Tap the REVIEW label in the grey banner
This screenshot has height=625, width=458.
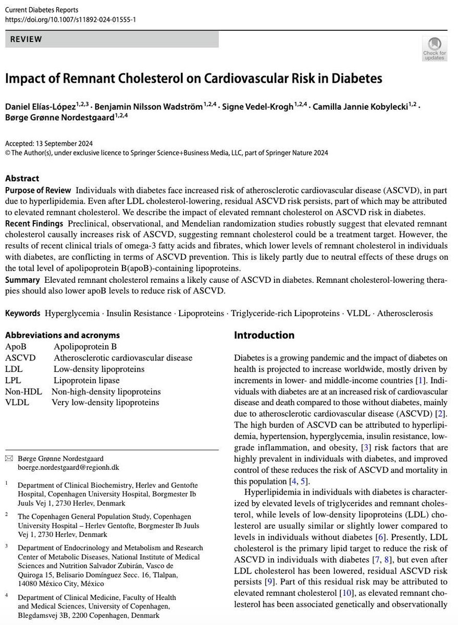click(26, 40)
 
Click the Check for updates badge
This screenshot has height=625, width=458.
click(434, 48)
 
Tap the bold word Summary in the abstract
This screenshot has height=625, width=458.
click(22, 280)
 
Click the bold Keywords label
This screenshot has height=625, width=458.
click(23, 313)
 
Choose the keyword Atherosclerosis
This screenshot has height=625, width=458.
click(404, 313)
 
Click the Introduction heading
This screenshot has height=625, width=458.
click(264, 335)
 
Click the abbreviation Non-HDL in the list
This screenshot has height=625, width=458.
click(23, 391)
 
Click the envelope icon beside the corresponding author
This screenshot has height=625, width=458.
click(8, 458)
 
